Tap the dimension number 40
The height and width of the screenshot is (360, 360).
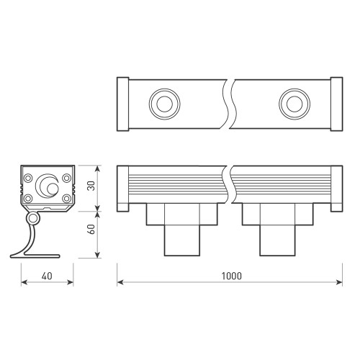click(x=46, y=276)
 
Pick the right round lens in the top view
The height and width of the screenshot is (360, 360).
click(x=292, y=102)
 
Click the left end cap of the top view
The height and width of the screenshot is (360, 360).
click(x=122, y=102)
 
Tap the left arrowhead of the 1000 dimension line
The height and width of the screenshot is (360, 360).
click(x=120, y=283)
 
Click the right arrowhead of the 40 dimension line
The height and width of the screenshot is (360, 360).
click(x=72, y=283)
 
